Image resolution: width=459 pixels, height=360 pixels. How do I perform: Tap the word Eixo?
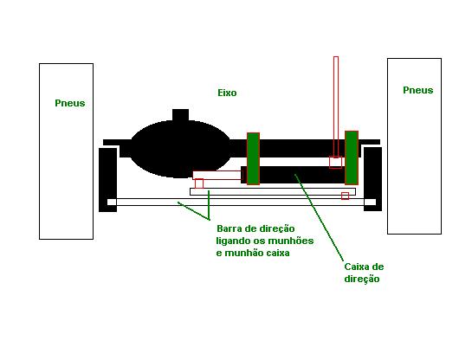227,93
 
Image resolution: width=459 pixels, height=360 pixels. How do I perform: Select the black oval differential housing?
180,149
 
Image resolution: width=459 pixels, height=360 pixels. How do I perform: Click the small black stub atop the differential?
180,114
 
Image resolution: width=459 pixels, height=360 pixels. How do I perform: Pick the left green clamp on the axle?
253,158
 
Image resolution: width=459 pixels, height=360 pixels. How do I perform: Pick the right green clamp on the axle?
352,157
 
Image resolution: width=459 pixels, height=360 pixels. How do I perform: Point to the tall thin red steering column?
336,106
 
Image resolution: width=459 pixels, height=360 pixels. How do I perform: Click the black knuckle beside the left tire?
107,179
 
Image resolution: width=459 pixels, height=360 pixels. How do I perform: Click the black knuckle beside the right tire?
372,178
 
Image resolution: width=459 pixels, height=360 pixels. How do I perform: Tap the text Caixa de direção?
364,273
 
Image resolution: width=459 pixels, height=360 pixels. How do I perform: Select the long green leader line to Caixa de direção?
319,217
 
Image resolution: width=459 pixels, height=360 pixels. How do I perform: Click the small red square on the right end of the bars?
346,196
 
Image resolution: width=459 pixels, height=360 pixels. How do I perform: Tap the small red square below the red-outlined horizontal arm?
199,183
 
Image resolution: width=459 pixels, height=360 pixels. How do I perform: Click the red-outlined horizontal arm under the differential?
217,175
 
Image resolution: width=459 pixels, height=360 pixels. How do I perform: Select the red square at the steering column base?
335,163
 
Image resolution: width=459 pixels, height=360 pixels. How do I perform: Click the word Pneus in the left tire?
70,103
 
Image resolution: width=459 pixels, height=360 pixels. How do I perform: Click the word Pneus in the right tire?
418,90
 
